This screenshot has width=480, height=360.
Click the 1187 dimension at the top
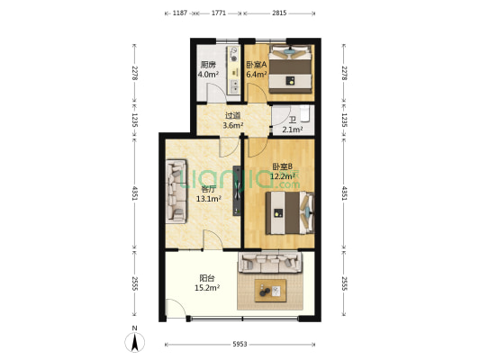(x=180, y=13)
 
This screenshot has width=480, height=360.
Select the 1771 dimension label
(x=219, y=13)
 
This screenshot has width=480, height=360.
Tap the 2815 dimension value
(x=279, y=13)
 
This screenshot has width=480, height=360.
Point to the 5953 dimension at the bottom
(x=240, y=345)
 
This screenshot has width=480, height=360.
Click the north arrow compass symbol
(x=135, y=342)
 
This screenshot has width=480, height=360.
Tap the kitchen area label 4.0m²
(x=208, y=75)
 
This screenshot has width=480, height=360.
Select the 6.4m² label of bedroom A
(x=257, y=75)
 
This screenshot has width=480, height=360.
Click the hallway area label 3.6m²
(x=233, y=125)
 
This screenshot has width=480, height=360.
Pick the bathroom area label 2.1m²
(x=293, y=130)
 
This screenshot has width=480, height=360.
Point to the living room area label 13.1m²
(x=209, y=199)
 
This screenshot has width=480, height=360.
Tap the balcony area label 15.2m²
(x=207, y=288)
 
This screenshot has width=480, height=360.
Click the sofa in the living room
(x=177, y=192)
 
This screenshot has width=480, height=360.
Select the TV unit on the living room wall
(x=237, y=191)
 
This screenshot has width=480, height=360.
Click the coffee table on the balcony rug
(x=270, y=291)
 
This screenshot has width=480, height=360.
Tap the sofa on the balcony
(x=270, y=262)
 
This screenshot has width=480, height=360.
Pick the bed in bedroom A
(x=290, y=69)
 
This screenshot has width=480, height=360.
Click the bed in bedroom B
(x=290, y=213)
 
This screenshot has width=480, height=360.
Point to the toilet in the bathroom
(x=305, y=113)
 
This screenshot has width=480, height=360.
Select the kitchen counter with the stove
(x=234, y=70)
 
